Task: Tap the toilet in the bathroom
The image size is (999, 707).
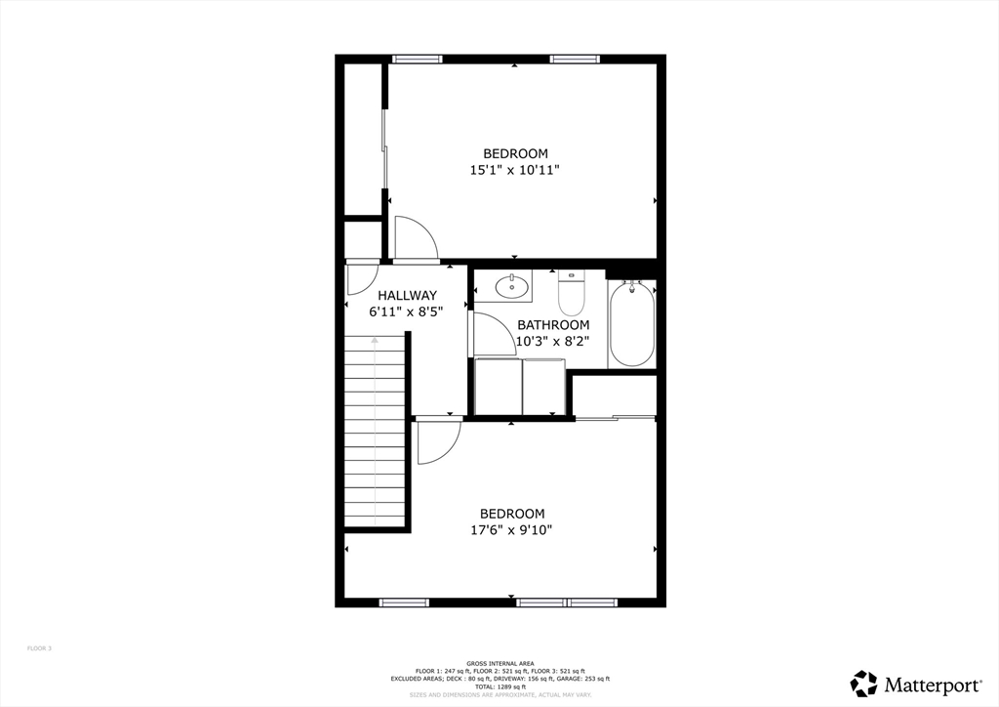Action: pos(572,292)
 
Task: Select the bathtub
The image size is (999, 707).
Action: pos(632,323)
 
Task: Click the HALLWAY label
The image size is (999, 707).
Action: pos(407,295)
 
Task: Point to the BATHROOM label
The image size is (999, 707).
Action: pos(553,325)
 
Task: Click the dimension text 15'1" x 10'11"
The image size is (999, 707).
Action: pos(515,170)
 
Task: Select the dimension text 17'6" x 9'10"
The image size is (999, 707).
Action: pos(511,530)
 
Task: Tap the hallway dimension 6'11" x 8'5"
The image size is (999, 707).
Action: pos(407,312)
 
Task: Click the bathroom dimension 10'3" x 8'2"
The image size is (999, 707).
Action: pos(553,342)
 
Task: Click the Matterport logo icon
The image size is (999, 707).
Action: pos(864,684)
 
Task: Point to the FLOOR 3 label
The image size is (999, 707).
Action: pos(39,648)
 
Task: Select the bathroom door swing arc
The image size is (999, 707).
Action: pos(494,334)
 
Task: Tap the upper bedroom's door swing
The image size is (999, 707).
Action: pos(416,238)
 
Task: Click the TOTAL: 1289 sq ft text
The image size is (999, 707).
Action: pos(499,686)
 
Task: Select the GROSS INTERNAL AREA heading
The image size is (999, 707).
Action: pos(499,663)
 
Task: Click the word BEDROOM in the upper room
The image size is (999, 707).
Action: pos(515,153)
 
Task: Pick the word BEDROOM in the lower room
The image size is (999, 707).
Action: pos(511,514)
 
